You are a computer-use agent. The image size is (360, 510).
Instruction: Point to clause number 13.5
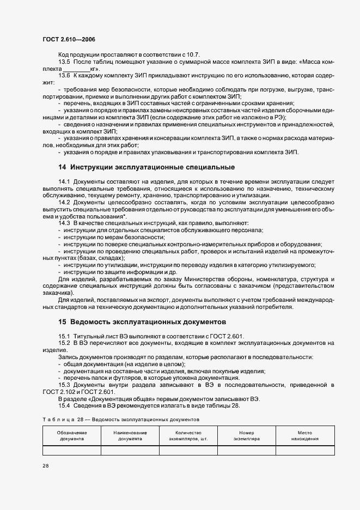pyautogui.click(x=65, y=63)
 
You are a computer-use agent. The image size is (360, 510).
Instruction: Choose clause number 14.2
pyautogui.click(x=65, y=202)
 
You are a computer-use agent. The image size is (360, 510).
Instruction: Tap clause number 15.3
pyautogui.click(x=65, y=385)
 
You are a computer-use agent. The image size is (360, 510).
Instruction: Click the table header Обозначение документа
pyautogui.click(x=71, y=435)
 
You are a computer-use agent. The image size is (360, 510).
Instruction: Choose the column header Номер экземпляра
pyautogui.click(x=247, y=435)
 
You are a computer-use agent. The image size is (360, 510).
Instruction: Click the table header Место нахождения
pyautogui.click(x=305, y=435)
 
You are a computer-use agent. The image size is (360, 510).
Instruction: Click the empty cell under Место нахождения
pyautogui.click(x=305, y=450)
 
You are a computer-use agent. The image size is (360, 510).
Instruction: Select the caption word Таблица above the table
pyautogui.click(x=56, y=420)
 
